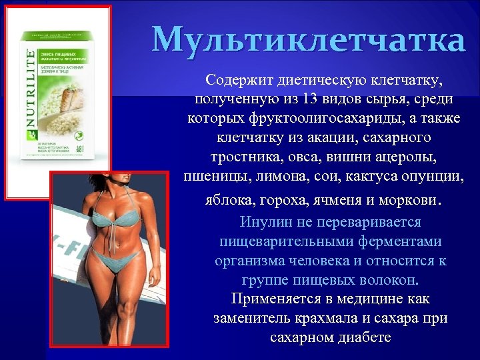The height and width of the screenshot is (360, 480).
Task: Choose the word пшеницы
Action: pos(213,177)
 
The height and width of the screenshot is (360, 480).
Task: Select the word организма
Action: pos(247,261)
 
